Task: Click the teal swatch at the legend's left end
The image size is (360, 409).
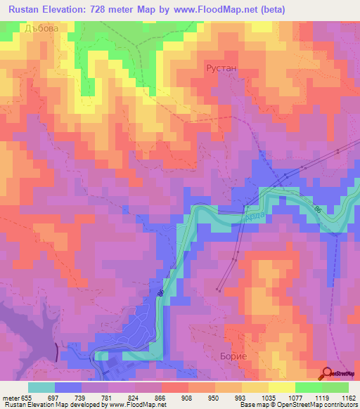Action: [x=41, y=387]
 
